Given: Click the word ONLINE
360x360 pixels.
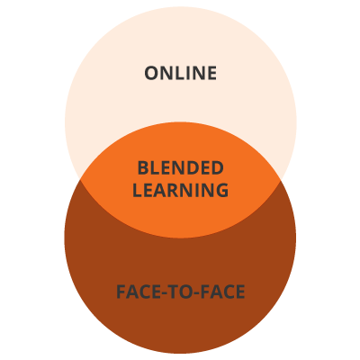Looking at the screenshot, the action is (181, 73).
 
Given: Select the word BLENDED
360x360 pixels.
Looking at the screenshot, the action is (181, 168).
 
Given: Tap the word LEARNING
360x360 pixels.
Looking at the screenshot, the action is (181, 190).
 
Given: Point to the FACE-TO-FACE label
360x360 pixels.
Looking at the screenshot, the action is (181, 292).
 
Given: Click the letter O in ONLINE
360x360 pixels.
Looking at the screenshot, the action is (151, 73).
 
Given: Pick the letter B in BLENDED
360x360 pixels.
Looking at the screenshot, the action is (143, 168).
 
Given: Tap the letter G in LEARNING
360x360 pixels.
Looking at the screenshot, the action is (221, 190).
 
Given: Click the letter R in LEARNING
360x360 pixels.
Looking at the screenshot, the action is (177, 190).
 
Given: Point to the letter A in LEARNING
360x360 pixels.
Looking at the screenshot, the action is (163, 190).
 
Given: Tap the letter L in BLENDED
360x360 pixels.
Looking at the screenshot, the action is (155, 168).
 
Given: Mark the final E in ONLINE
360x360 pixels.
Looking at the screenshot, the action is (212, 73).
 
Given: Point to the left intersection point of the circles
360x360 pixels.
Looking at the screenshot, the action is (80, 179).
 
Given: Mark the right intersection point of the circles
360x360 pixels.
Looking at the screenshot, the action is (281, 180).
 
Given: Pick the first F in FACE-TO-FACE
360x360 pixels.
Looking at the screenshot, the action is (121, 292).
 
